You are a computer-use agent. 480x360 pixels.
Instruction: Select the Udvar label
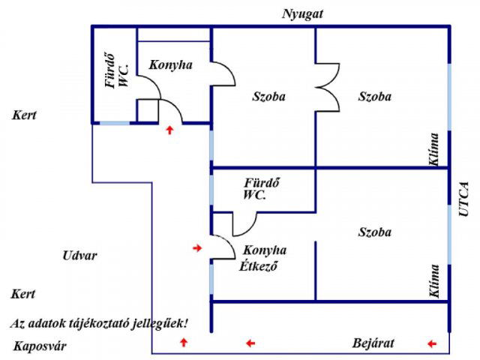(79, 256)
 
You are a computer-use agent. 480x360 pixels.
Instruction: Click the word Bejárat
(373, 343)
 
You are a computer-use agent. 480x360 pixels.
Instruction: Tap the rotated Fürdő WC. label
(117, 72)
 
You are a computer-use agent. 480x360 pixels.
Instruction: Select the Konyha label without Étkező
(170, 65)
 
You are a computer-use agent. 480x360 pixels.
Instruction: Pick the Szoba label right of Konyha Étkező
(374, 232)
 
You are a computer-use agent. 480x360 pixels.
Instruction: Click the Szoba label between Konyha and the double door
(268, 97)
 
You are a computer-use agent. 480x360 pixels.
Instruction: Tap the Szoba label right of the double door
(374, 97)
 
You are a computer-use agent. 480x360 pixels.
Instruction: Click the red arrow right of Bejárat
(431, 343)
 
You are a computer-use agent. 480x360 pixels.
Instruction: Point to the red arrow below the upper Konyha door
(169, 130)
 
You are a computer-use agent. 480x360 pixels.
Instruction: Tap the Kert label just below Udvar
(24, 295)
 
